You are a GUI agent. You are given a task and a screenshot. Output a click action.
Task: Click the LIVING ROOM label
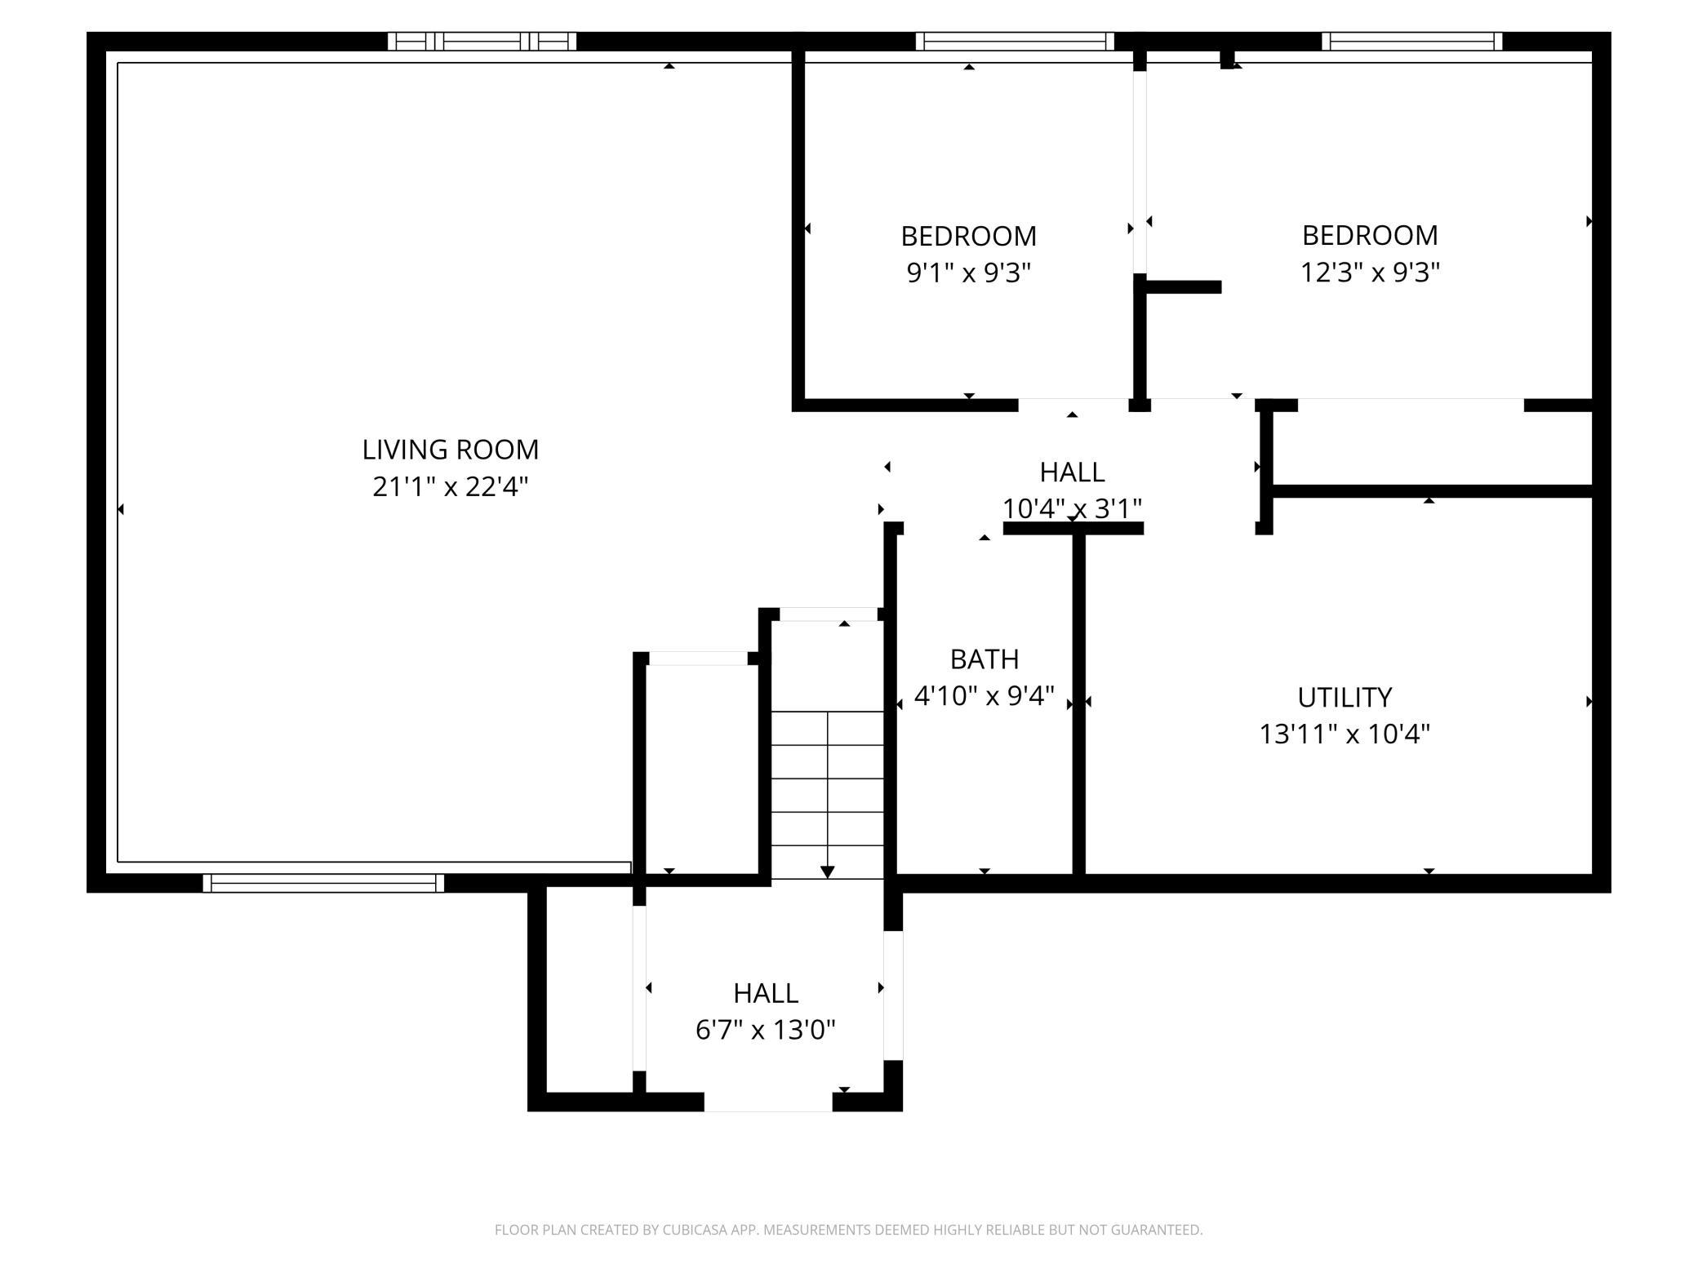point(451,450)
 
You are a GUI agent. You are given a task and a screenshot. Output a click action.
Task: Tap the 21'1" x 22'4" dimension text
point(451,487)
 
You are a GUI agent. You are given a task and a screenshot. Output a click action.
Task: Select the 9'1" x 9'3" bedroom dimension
point(969,273)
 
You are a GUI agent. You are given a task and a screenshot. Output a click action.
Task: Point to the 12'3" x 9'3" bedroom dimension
point(1370,272)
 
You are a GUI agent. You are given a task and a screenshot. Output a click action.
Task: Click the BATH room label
point(985,659)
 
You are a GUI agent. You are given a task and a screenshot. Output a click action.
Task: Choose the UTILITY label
point(1345,697)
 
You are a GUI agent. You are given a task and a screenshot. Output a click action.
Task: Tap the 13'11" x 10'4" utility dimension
point(1345,734)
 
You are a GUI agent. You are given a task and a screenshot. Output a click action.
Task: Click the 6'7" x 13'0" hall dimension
point(766,1030)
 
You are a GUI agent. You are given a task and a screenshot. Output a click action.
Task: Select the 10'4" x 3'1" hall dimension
point(1072,508)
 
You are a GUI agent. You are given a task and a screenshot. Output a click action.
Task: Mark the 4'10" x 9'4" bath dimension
point(985,696)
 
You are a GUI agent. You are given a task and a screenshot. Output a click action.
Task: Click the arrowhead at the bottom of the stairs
point(828,872)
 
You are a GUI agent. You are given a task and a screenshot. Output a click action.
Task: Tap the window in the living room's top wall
point(482,42)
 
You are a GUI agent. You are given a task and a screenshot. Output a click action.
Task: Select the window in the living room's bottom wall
point(323,883)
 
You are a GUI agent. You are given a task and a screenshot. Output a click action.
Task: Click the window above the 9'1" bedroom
point(1015,42)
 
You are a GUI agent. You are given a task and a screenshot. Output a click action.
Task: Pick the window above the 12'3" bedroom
point(1411,42)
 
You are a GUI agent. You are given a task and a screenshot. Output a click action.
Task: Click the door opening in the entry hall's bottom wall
point(768,1102)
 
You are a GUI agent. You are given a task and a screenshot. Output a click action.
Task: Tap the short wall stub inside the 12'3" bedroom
point(1184,286)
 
